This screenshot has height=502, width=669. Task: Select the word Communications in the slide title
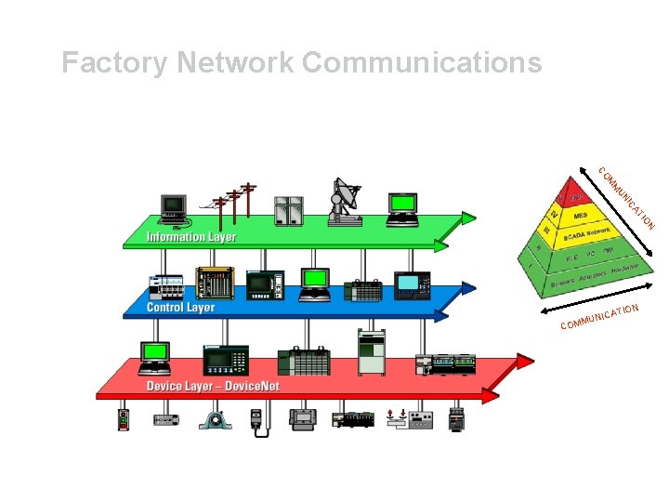(x=422, y=63)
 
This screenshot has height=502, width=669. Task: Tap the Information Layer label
(x=191, y=237)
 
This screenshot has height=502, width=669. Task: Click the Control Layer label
(x=181, y=307)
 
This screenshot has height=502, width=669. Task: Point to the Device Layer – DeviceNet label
(x=213, y=386)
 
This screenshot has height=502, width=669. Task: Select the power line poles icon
(x=234, y=203)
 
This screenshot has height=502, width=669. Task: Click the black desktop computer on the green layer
(x=173, y=208)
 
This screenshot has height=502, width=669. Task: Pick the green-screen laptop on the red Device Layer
(x=154, y=357)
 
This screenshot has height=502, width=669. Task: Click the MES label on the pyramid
(x=580, y=216)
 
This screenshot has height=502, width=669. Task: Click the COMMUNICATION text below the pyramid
(x=598, y=317)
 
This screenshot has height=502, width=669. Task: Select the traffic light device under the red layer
(x=124, y=419)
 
